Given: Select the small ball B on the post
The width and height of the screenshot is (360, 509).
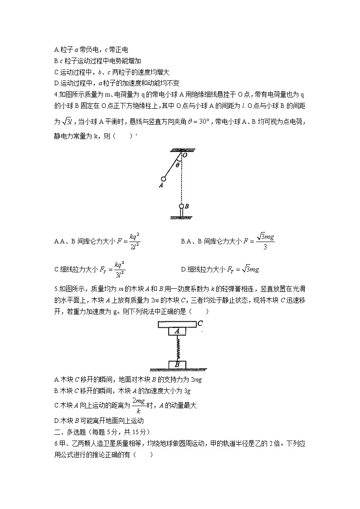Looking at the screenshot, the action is click(x=181, y=206).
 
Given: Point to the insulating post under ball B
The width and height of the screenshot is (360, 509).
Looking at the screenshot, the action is click(x=181, y=213).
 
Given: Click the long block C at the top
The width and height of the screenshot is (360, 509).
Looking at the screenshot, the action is click(x=177, y=324).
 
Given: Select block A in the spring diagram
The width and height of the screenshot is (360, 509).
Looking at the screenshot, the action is click(x=177, y=331).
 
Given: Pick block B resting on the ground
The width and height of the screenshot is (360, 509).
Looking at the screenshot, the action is click(x=177, y=364).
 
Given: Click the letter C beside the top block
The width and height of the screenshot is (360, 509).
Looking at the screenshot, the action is click(x=199, y=324).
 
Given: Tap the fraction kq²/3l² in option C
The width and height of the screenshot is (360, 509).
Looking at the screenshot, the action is click(x=119, y=269).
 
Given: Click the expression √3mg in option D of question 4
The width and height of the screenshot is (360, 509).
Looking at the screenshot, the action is click(x=250, y=269).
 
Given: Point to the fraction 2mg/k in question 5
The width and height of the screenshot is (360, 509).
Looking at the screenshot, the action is click(x=138, y=405).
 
